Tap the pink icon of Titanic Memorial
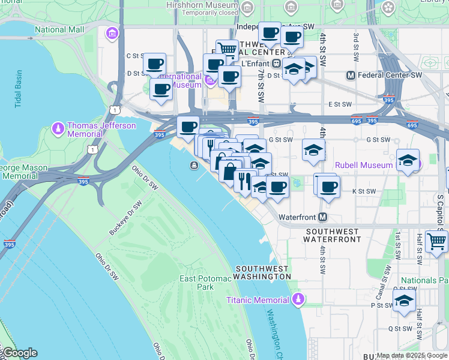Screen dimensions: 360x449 298,299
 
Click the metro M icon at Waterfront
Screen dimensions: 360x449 323,217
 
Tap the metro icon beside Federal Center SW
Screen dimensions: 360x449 351,76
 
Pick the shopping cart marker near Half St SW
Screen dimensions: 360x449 436,241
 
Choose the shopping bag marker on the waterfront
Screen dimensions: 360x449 229,171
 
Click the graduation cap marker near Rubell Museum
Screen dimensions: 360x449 408,161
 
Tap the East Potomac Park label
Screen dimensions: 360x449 197,283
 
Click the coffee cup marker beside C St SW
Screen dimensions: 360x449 154,64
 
